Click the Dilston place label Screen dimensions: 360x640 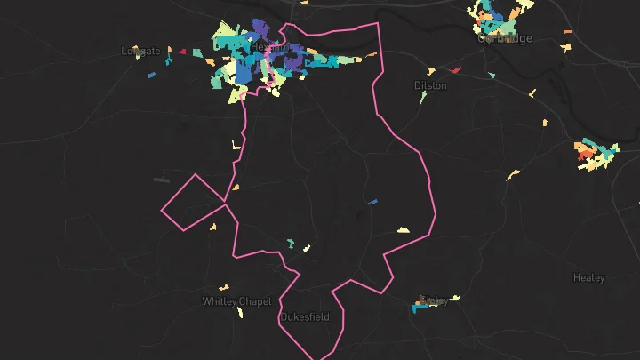click(x=429, y=85)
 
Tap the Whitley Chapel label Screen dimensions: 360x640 click(x=236, y=301)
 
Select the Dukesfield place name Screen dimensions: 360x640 click(x=305, y=317)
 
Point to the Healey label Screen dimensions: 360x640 click(x=588, y=278)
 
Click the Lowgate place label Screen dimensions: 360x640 click(x=140, y=52)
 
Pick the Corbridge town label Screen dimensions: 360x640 click(x=505, y=38)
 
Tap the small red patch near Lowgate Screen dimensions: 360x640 click(x=182, y=52)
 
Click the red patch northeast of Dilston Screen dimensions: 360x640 click(x=457, y=69)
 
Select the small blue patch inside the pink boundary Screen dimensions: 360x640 click(x=372, y=201)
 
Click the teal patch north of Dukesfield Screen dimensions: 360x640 click(x=290, y=243)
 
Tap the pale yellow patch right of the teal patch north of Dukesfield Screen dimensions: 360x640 click(x=307, y=248)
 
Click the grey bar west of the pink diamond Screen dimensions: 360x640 click(x=162, y=180)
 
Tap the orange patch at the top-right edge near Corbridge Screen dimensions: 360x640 click(x=567, y=33)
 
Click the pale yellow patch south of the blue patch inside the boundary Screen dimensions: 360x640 click(x=404, y=230)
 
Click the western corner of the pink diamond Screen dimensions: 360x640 click(x=161, y=211)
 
